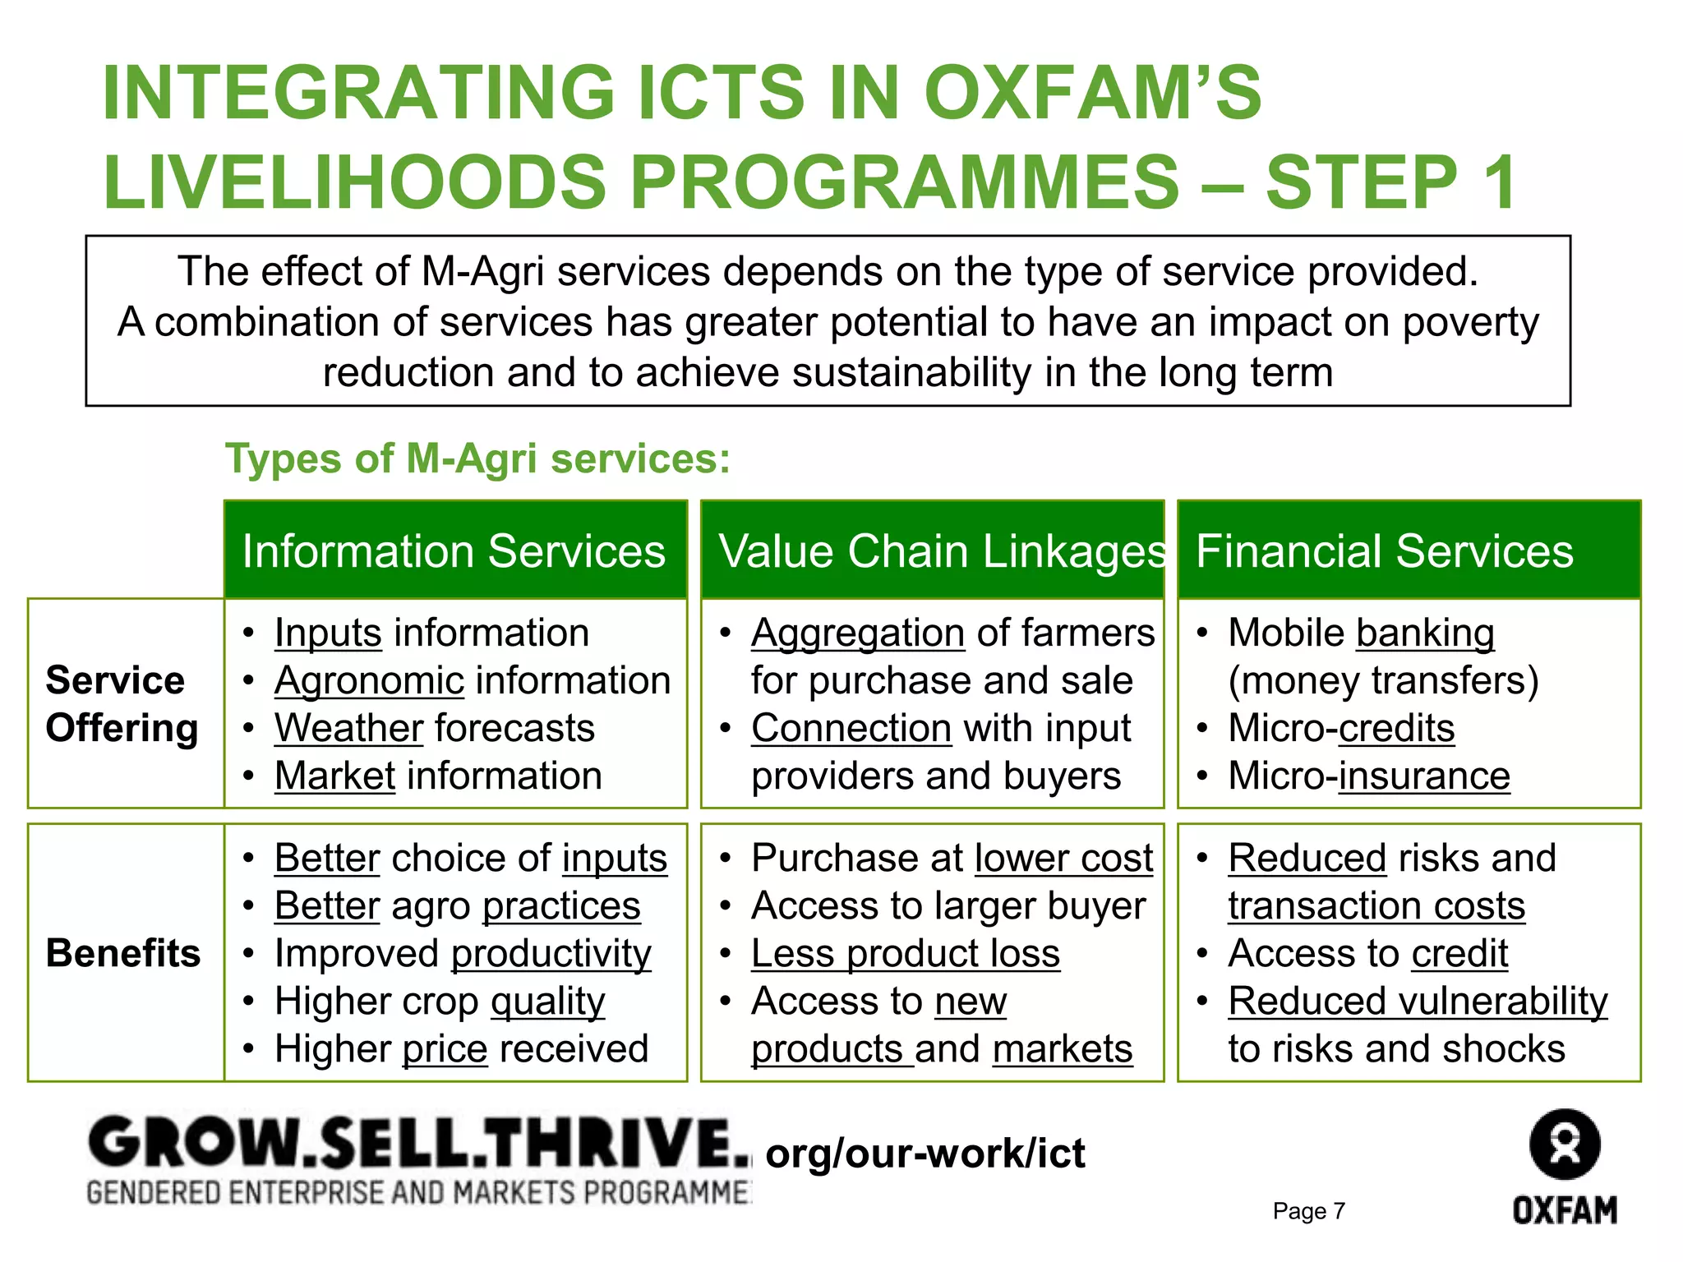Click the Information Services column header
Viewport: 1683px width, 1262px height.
(454, 550)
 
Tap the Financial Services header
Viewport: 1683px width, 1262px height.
(1385, 550)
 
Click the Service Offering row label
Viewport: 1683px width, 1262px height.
(122, 704)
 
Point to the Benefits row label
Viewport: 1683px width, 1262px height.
(123, 953)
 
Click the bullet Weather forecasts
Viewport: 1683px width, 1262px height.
(434, 728)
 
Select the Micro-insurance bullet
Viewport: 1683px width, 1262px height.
(1368, 776)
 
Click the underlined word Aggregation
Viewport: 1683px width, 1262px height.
(858, 633)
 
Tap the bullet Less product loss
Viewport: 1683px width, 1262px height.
(906, 953)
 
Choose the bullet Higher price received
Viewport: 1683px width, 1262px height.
(461, 1048)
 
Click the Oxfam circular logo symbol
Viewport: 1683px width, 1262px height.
(1565, 1145)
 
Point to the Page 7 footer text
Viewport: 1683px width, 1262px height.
(1309, 1211)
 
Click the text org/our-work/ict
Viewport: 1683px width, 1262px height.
(924, 1154)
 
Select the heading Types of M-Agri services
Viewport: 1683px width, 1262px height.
(477, 458)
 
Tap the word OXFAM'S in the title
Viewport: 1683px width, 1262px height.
(1092, 92)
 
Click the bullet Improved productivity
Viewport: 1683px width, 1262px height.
(463, 953)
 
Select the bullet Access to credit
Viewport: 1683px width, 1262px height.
(1368, 953)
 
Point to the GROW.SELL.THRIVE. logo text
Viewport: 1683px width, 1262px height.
(419, 1143)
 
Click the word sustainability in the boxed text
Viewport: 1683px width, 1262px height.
(911, 372)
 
